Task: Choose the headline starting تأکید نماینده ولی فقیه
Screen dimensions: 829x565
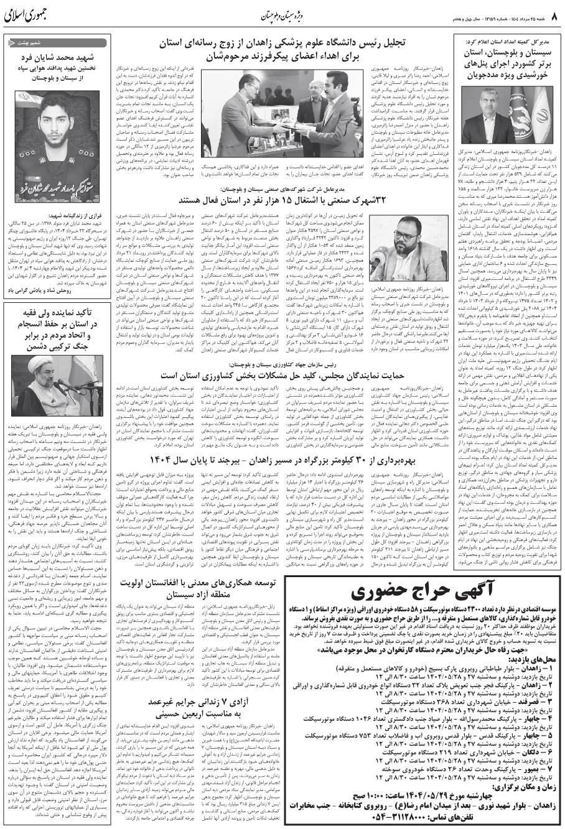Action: [57, 328]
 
